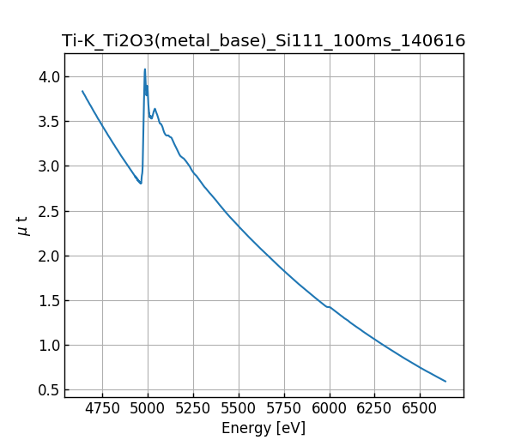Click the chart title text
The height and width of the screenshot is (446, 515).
264,41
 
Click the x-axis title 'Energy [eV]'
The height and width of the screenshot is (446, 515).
264,428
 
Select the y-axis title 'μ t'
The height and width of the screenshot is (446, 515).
23,226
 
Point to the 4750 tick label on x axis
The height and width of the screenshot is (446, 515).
102,408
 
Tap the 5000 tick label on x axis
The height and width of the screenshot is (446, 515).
148,408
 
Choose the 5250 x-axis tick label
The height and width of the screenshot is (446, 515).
193,408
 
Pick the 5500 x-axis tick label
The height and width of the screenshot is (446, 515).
239,408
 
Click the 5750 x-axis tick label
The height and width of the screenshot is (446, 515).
284,408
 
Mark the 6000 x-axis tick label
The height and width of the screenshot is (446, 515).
330,408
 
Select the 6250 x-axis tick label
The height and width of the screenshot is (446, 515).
375,408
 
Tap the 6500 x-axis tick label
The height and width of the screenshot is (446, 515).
421,408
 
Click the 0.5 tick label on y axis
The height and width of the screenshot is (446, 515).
49,390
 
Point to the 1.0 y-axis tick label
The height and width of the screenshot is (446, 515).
49,346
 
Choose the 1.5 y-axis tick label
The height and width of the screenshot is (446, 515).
49,301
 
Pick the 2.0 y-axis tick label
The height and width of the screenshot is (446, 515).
49,256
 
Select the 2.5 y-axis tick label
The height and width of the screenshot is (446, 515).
49,211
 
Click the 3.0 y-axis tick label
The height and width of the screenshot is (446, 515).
49,166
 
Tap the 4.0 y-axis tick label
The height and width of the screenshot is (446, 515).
49,77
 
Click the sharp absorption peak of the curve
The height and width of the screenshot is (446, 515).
145,69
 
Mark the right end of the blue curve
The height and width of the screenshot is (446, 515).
445,381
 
